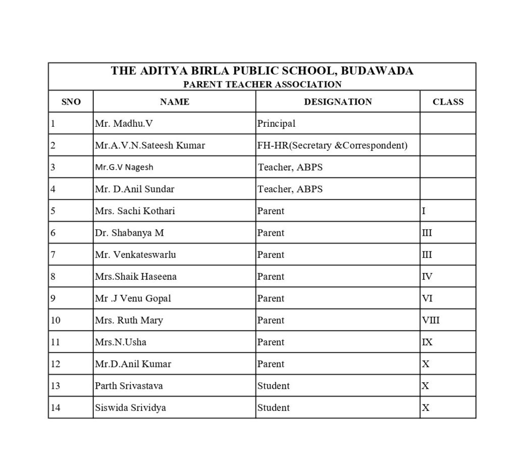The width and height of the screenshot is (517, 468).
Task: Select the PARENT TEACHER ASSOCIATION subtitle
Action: click(x=262, y=84)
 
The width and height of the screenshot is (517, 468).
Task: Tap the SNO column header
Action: click(x=71, y=102)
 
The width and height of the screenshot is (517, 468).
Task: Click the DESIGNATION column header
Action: click(x=338, y=102)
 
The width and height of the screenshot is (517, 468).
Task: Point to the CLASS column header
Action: click(x=448, y=102)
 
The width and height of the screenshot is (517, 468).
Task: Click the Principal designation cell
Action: click(x=276, y=124)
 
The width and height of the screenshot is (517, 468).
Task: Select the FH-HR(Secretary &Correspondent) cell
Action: click(x=332, y=145)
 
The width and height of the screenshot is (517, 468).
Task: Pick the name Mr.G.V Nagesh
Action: click(x=124, y=167)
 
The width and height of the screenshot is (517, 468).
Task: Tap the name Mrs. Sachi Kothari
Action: click(x=135, y=211)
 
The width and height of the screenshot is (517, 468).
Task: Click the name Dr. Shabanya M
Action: click(x=129, y=233)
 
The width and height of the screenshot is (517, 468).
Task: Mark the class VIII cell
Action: click(x=430, y=320)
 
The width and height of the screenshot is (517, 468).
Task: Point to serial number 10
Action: click(x=56, y=320)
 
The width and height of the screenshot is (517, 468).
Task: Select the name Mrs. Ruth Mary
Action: click(x=129, y=320)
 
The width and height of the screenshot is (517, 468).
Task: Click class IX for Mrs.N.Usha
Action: click(x=427, y=342)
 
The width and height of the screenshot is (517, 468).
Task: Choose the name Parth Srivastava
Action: click(x=129, y=386)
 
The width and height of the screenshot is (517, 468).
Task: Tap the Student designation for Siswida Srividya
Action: click(x=273, y=407)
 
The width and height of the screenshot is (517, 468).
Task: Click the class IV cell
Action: click(x=427, y=277)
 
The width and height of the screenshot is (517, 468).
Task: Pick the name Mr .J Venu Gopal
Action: click(x=133, y=298)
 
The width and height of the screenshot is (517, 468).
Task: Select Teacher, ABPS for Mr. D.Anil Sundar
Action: click(x=290, y=189)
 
